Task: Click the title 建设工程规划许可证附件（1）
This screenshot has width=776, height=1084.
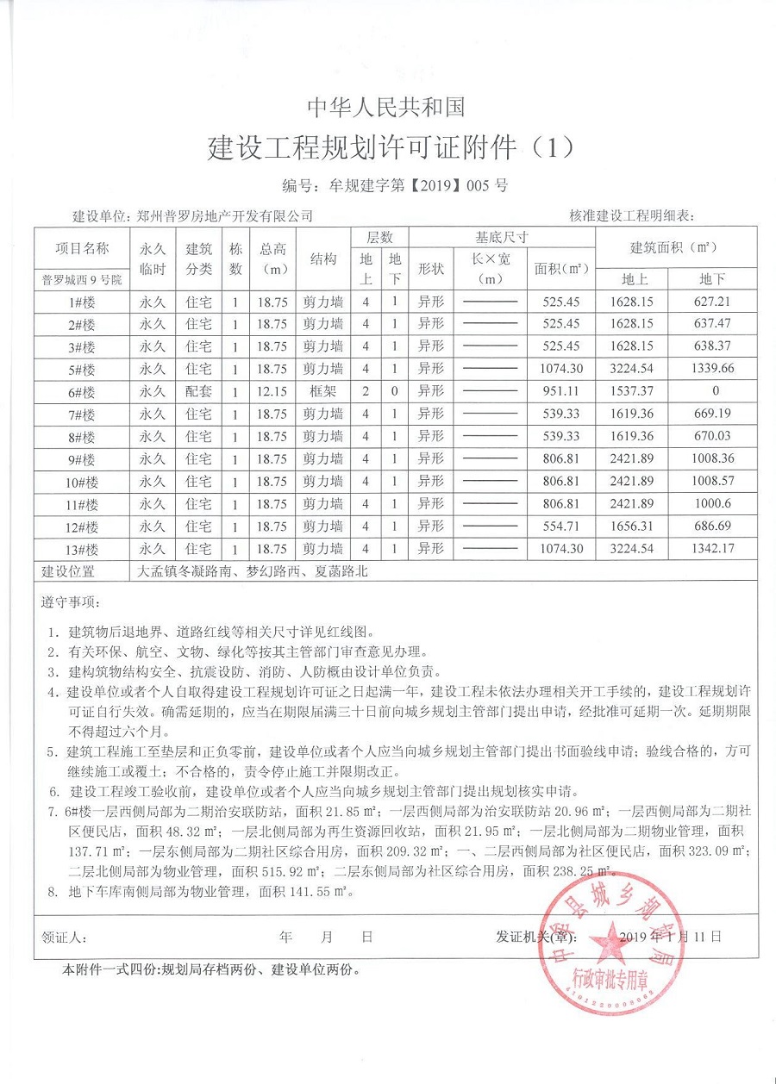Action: [390, 147]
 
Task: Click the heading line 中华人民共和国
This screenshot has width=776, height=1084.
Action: [387, 106]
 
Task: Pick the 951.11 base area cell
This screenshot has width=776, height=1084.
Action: [561, 392]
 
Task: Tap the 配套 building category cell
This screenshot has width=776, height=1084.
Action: [199, 392]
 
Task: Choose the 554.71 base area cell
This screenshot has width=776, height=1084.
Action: [561, 526]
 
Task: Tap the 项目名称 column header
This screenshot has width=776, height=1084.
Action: [83, 248]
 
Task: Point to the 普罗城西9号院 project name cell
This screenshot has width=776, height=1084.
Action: [83, 279]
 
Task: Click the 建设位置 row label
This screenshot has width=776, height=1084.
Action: [68, 571]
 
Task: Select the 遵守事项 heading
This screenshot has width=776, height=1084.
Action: [72, 601]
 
